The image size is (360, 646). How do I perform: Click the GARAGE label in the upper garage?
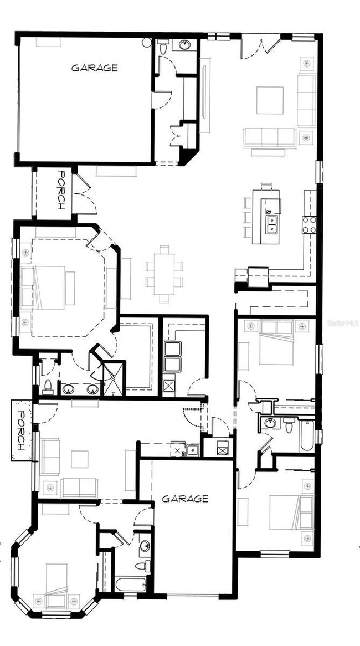click(94, 68)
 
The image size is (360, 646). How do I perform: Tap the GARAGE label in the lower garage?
click(185, 499)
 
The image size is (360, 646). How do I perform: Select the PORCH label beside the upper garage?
click(61, 189)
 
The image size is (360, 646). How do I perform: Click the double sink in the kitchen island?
click(271, 224)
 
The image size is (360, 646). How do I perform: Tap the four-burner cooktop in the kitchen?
click(309, 224)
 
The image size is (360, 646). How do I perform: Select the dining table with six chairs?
click(163, 274)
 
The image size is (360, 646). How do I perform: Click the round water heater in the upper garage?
click(147, 42)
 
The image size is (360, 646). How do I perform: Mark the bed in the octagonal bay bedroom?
click(56, 582)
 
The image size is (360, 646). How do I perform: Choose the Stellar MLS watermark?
click(343, 321)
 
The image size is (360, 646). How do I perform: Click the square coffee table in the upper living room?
click(270, 100)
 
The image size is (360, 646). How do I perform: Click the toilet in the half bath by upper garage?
click(162, 49)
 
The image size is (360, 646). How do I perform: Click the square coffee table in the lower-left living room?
click(79, 459)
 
